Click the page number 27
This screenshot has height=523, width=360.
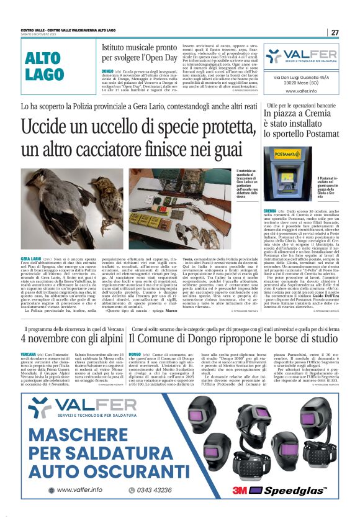[x=335, y=32]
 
